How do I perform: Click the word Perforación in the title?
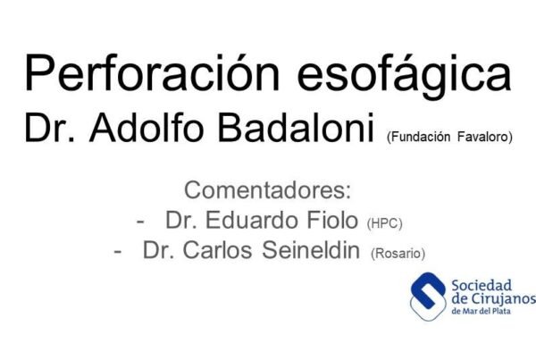coord(153,73)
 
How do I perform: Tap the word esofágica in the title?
coord(405,76)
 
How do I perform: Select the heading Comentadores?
coord(268,190)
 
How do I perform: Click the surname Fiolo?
coord(332,220)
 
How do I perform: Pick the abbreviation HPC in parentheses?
coord(384,223)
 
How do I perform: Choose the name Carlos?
coord(217,250)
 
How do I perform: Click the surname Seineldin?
coord(311,250)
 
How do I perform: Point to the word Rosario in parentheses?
coord(398,254)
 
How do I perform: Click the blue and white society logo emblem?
coord(428,297)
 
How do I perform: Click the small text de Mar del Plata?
coord(481,311)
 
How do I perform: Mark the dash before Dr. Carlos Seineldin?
coord(117,252)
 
